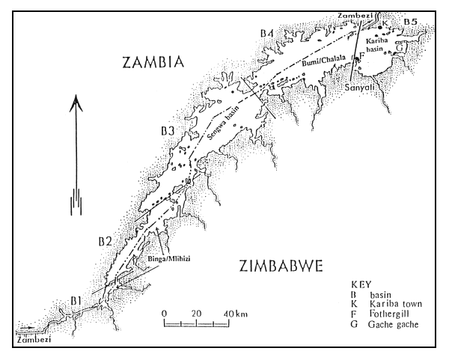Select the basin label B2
(x=105, y=241)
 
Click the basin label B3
(x=167, y=132)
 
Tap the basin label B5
(x=409, y=23)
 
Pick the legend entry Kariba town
(x=390, y=305)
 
